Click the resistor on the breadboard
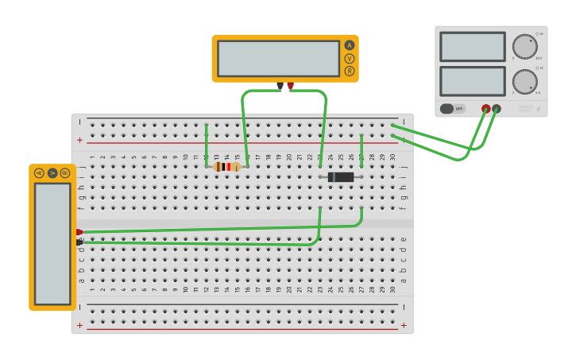(x=227, y=167)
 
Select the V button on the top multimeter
(x=350, y=58)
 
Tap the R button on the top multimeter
(x=350, y=71)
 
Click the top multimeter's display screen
(x=278, y=58)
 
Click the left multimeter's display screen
(x=52, y=243)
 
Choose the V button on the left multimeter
(x=52, y=172)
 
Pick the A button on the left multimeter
(x=39, y=172)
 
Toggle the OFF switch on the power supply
(x=453, y=109)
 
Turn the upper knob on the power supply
(x=524, y=46)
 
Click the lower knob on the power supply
(x=524, y=81)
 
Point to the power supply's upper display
(x=473, y=47)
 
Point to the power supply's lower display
(x=473, y=81)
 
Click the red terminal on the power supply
(x=486, y=109)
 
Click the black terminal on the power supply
(x=497, y=109)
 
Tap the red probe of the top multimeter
(x=291, y=85)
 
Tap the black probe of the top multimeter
(x=280, y=85)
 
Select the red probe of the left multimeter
(x=79, y=232)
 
